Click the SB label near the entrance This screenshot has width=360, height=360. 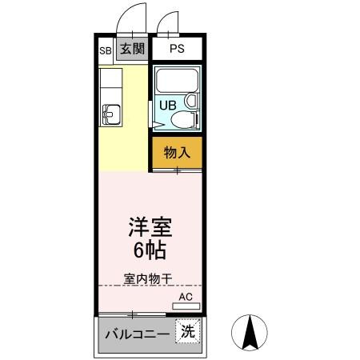point(106,50)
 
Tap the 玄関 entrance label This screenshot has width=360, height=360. point(133,49)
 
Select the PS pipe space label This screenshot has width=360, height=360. point(177,49)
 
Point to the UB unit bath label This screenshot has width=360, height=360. point(167,105)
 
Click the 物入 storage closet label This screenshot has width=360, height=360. point(176,152)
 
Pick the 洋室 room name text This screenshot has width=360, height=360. point(150,227)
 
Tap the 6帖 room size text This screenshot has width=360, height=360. point(150,250)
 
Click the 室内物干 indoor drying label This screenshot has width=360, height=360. point(149,278)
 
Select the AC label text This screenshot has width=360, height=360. point(186,297)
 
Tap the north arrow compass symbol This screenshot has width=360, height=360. point(249,332)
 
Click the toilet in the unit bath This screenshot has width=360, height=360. point(184,121)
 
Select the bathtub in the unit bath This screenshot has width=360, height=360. point(175,81)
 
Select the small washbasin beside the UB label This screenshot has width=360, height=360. point(190,102)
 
